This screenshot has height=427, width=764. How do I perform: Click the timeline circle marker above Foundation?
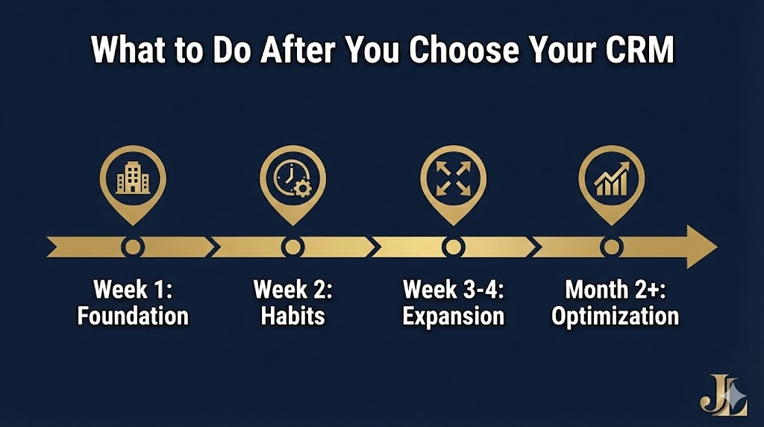(x=133, y=246)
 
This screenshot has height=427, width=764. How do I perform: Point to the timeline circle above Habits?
(x=292, y=246)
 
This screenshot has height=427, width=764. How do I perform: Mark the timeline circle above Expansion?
(x=452, y=246)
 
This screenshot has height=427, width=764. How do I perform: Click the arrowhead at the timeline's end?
(x=701, y=246)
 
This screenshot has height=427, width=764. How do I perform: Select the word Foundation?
(x=133, y=316)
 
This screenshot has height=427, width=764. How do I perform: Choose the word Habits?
(x=292, y=316)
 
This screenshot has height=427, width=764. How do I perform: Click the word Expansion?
(x=453, y=316)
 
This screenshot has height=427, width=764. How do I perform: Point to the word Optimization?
(x=615, y=316)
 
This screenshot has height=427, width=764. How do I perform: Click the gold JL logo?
(x=723, y=393)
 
